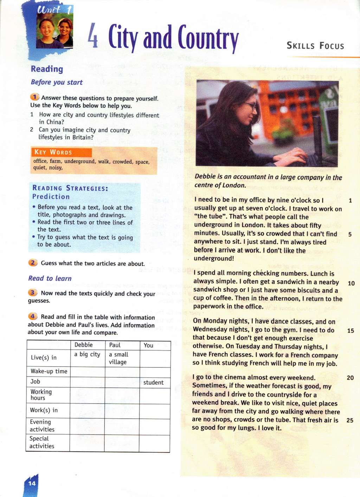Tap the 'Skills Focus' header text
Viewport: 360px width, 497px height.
click(315, 46)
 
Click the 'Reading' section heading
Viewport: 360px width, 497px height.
click(47, 69)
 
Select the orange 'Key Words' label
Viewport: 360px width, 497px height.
click(53, 152)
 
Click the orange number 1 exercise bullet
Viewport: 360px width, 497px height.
click(34, 97)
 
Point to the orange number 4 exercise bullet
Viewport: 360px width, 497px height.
click(32, 316)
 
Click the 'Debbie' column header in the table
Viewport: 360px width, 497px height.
click(84, 345)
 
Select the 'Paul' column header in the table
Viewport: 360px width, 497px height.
click(115, 345)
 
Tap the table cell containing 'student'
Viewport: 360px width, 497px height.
click(153, 382)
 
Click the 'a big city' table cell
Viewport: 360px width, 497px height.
click(87, 354)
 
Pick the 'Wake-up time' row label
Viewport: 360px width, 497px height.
click(49, 371)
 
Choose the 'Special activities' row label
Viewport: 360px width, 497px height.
click(42, 442)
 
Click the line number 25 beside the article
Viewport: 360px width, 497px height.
click(350, 420)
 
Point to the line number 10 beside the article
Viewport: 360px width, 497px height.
click(351, 283)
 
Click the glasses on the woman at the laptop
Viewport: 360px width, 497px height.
click(251, 105)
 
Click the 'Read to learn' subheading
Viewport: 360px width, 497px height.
click(50, 279)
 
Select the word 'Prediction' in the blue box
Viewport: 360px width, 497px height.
click(51, 197)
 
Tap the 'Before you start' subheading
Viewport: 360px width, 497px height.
click(57, 82)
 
